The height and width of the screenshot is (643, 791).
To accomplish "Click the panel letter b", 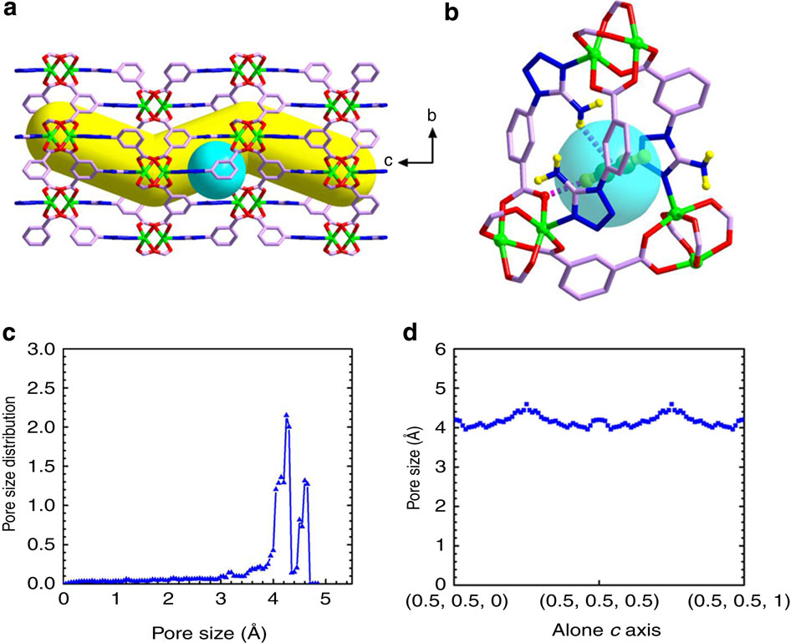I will pyautogui.click(x=452, y=14).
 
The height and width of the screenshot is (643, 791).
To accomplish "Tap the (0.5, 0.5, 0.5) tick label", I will pyautogui.click(x=599, y=601).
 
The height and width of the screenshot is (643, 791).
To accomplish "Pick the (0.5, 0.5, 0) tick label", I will pyautogui.click(x=460, y=601).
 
